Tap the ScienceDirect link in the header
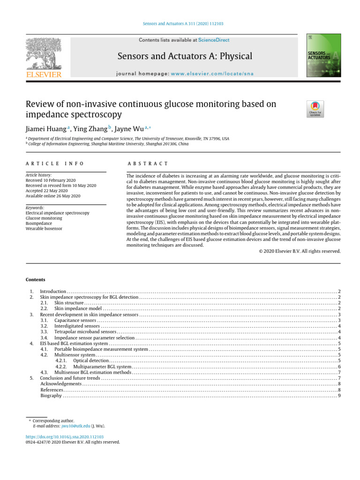214,40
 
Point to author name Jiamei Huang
45,128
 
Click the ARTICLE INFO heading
54,164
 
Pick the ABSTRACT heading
148,164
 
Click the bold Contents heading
36,280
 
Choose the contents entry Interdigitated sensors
77,326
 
